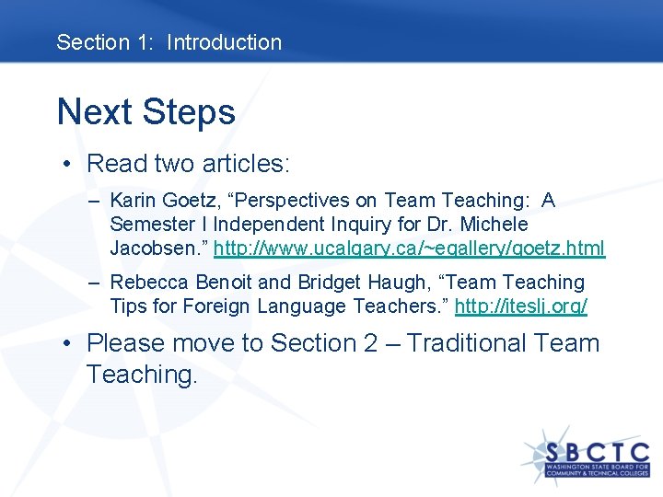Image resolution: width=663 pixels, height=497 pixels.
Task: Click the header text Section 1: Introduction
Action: point(169,42)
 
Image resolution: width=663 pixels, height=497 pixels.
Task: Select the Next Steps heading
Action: point(146,112)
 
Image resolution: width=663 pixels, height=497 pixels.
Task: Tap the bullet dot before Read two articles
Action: point(69,165)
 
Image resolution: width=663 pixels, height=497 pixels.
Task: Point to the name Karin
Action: point(134,201)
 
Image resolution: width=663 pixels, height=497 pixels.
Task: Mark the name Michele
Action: point(495,225)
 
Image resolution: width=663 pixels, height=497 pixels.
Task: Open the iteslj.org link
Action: point(520,306)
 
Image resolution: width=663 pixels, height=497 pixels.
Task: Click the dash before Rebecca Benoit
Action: point(96,283)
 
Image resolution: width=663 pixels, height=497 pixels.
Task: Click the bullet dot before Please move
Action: point(69,344)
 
